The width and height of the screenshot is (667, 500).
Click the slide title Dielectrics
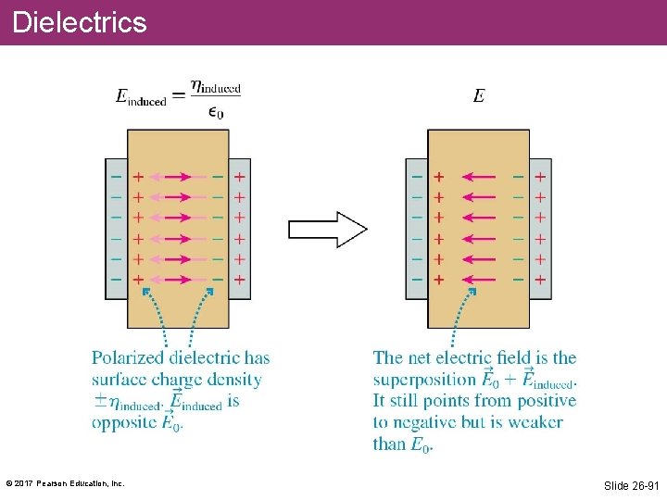(x=80, y=22)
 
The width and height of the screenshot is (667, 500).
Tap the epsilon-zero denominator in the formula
(x=215, y=112)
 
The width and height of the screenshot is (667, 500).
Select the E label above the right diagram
(x=478, y=96)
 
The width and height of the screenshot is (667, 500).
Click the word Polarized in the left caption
(x=127, y=358)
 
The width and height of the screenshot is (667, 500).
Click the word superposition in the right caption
(x=425, y=380)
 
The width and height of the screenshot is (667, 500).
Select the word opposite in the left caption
(x=125, y=422)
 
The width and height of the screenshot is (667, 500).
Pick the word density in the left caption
(x=233, y=380)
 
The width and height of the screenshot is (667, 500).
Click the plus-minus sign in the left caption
(x=99, y=401)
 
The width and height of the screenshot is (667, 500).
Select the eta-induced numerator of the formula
(x=215, y=88)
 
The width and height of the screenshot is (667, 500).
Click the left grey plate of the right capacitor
(x=416, y=228)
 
